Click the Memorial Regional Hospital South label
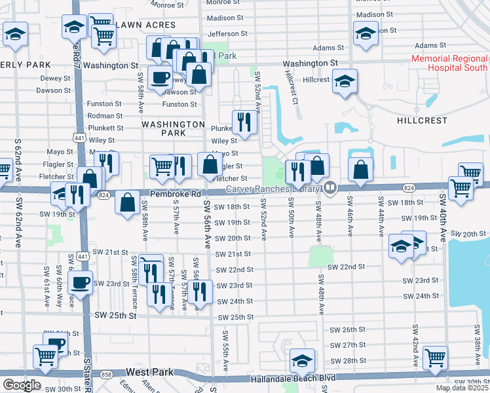[x=449, y=63]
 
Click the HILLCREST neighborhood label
[x=422, y=121]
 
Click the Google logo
[x=22, y=385]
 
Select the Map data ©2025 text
[x=461, y=388]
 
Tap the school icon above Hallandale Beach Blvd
[x=302, y=360]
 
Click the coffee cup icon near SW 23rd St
[x=81, y=283]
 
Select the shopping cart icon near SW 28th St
[x=436, y=357]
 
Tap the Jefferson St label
[x=227, y=33]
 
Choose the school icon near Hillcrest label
[x=345, y=81]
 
